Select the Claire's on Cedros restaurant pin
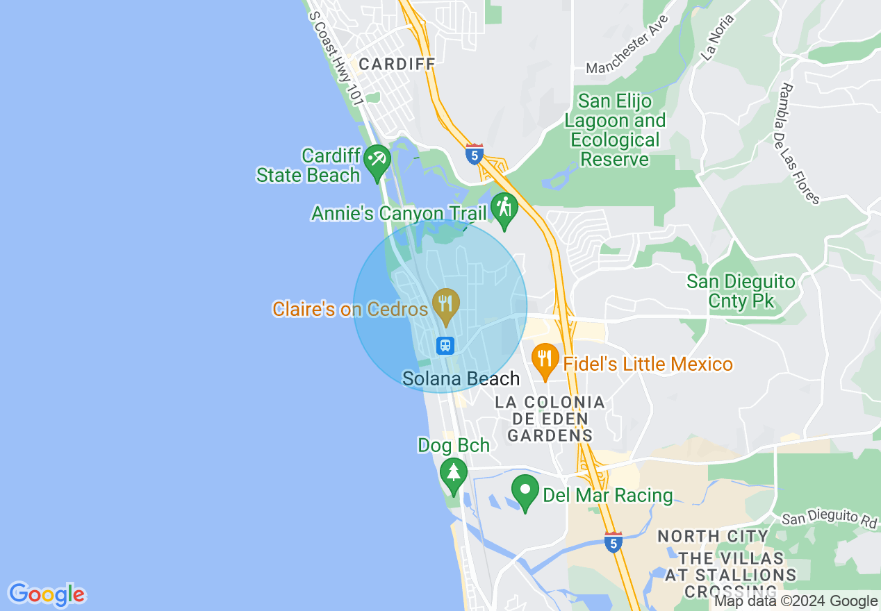pyautogui.click(x=445, y=303)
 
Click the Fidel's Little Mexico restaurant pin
pyautogui.click(x=545, y=359)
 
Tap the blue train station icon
pyautogui.click(x=445, y=345)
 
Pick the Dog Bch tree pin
pyautogui.click(x=454, y=474)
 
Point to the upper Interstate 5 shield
pyautogui.click(x=475, y=154)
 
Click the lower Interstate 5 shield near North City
pyautogui.click(x=612, y=542)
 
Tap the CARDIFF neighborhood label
pyautogui.click(x=397, y=64)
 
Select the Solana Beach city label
pyautogui.click(x=461, y=378)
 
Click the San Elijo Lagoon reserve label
pyautogui.click(x=615, y=131)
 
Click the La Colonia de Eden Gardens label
pyautogui.click(x=550, y=419)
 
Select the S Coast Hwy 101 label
pyautogui.click(x=336, y=58)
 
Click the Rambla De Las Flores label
pyautogui.click(x=800, y=144)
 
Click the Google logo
pyautogui.click(x=47, y=595)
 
